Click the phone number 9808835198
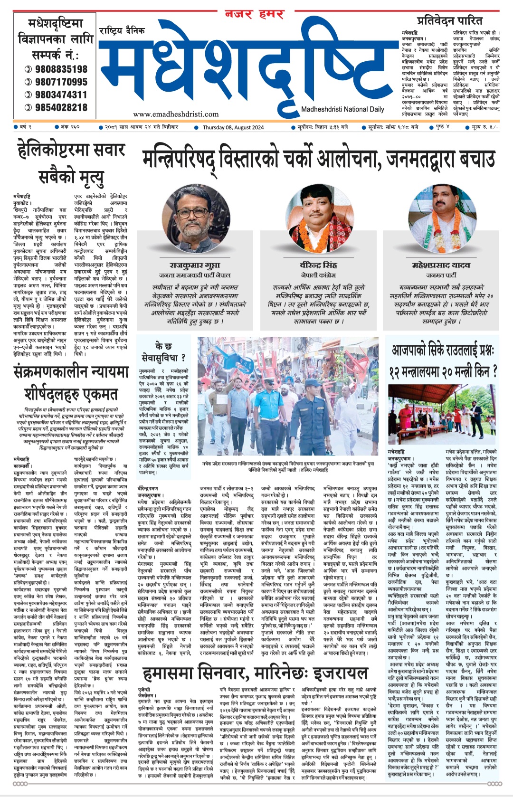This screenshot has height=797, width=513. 61,69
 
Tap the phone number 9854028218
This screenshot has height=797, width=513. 61,108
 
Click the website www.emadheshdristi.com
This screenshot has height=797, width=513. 176,114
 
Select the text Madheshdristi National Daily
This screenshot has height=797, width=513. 342,109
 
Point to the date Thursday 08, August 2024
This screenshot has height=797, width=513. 233,127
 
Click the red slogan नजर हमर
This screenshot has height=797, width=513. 255,14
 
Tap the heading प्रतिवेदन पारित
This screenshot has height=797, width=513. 449,20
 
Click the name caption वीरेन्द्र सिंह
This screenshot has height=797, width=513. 318,265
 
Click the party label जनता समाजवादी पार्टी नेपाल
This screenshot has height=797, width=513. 195,275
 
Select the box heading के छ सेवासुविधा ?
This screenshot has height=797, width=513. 163,351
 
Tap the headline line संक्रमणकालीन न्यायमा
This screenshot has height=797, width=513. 71,372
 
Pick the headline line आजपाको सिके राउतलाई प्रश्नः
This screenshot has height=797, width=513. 443,350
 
